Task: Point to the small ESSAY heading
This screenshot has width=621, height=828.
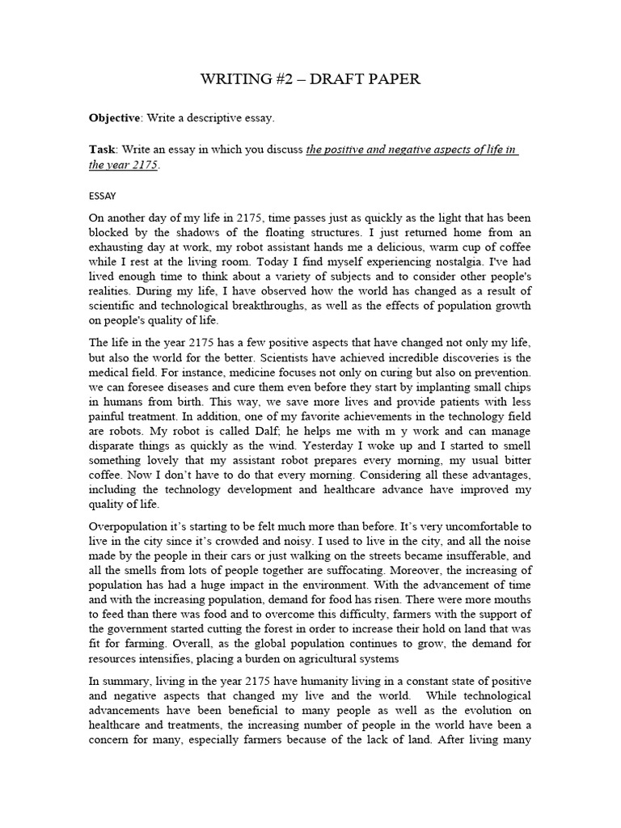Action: tap(102, 195)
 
